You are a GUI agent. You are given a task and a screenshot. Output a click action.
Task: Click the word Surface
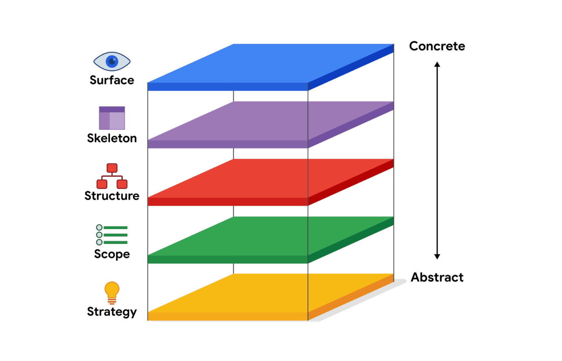click(x=112, y=80)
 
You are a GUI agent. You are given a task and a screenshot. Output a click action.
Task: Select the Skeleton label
click(x=112, y=138)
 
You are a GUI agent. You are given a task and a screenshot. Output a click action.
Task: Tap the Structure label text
click(x=112, y=196)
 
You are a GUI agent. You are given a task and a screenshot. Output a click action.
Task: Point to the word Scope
click(x=112, y=254)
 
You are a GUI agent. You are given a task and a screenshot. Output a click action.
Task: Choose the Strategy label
click(x=112, y=311)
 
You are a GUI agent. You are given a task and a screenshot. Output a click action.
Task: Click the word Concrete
click(x=437, y=46)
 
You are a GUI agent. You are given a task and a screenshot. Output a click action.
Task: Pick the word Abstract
click(x=437, y=277)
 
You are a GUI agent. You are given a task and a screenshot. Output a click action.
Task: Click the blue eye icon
click(x=112, y=61)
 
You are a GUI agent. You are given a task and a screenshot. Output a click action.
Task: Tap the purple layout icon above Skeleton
click(x=112, y=118)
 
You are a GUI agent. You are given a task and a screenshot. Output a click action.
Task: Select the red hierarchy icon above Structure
click(x=112, y=176)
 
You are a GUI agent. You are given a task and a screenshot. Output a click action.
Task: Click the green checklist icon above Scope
click(x=112, y=235)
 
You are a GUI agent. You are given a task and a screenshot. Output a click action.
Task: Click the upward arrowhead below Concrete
click(x=437, y=65)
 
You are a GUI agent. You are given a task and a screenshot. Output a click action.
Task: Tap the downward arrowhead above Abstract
click(x=437, y=256)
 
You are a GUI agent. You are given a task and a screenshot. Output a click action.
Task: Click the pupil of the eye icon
click(x=112, y=61)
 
